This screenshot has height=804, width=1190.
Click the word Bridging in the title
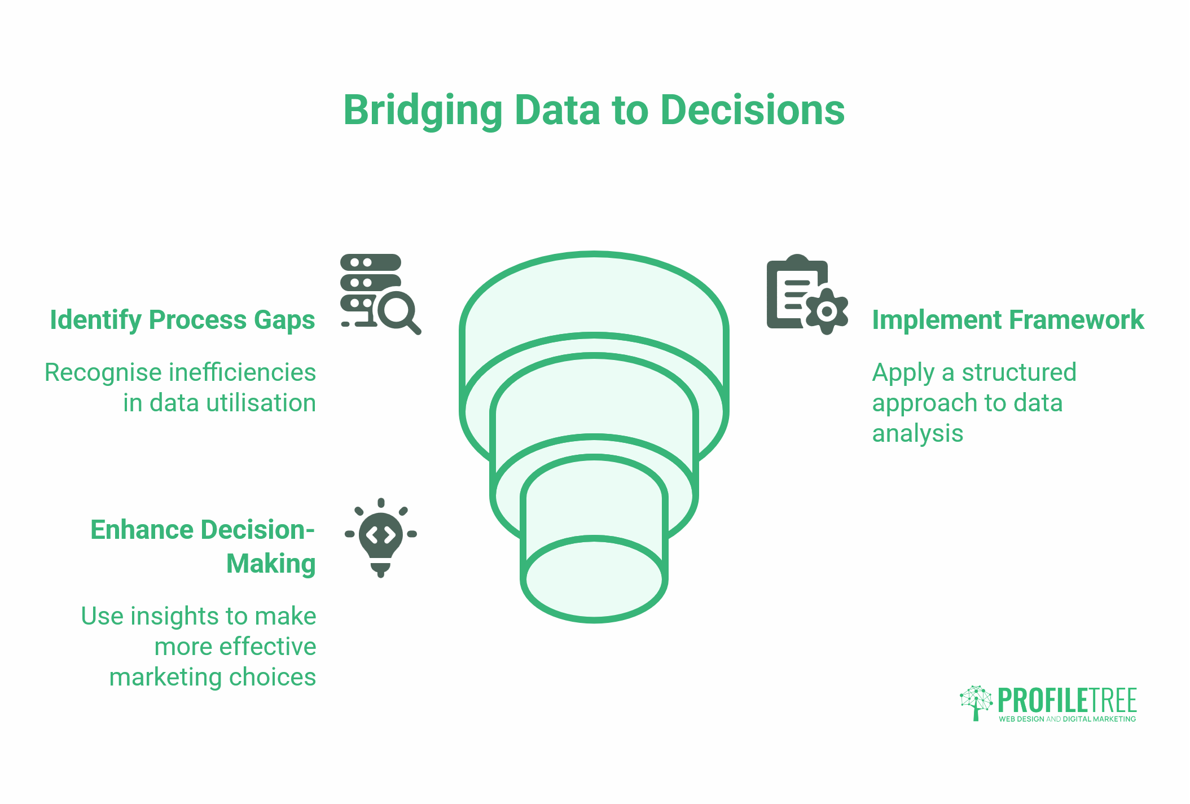(x=423, y=111)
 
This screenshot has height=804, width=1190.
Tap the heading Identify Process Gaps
(x=182, y=320)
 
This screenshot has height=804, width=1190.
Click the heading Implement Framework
(x=1008, y=320)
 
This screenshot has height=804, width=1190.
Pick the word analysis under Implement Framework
(x=917, y=433)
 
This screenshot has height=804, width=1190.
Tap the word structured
(x=1019, y=372)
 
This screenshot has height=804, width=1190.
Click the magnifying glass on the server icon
(x=398, y=311)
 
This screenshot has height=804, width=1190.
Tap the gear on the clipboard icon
(x=827, y=311)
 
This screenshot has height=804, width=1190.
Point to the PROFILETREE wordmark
(x=1067, y=700)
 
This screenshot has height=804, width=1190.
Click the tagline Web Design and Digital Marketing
(x=1067, y=719)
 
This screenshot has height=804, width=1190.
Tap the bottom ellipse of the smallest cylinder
(x=594, y=579)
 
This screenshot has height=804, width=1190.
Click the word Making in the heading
(x=271, y=564)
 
